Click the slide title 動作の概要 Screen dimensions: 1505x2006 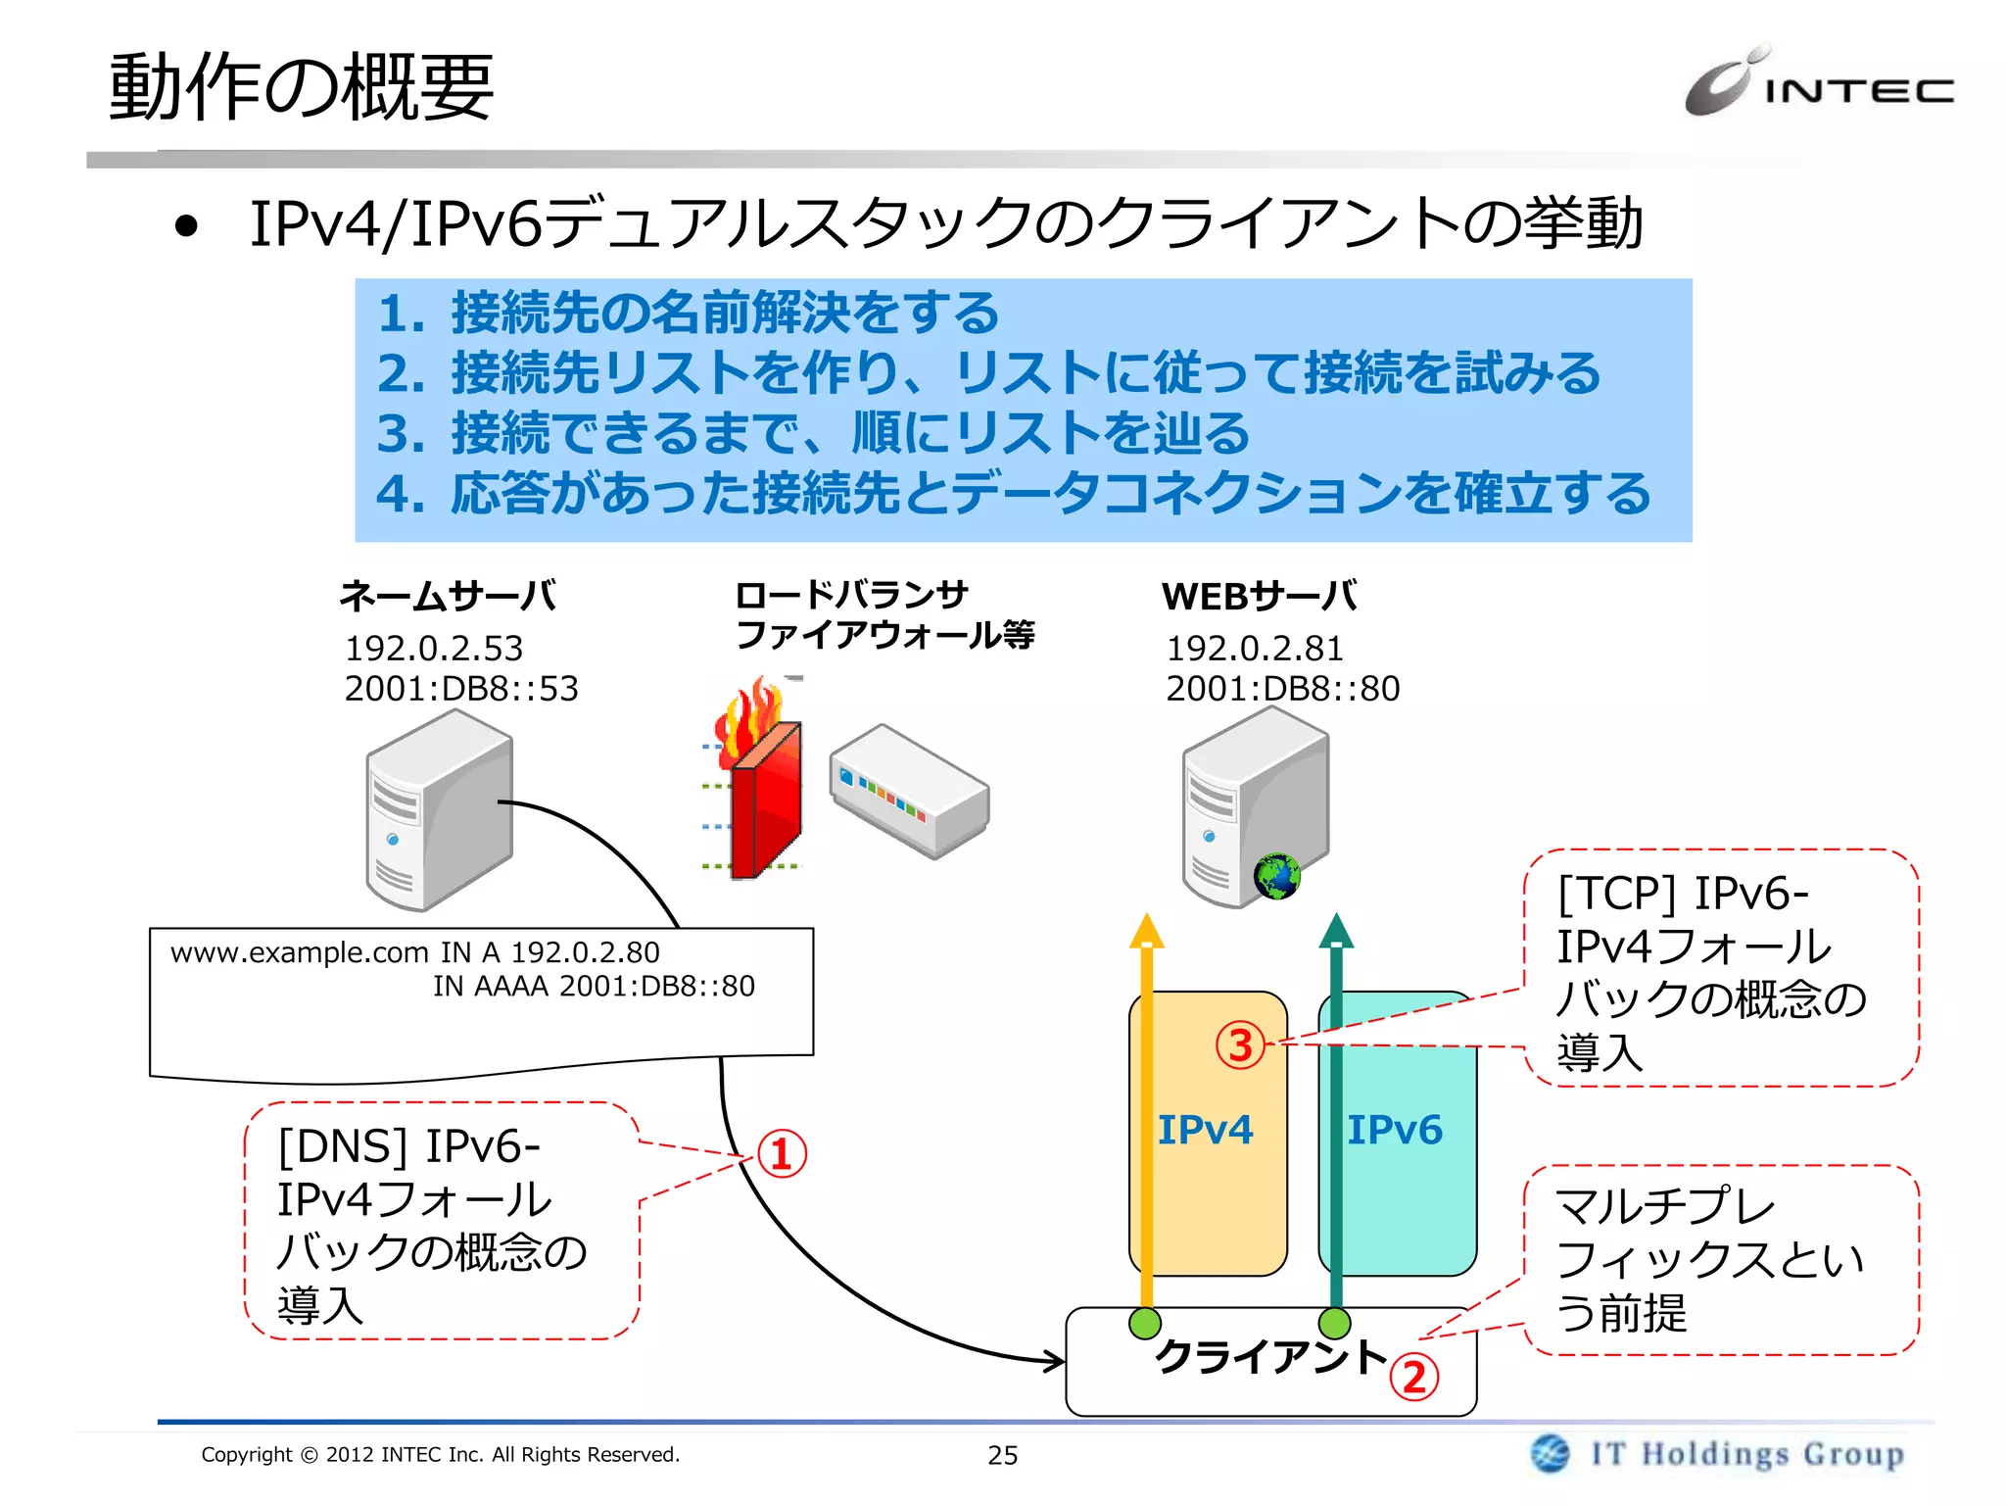click(x=301, y=88)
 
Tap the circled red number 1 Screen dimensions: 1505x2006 click(x=782, y=1154)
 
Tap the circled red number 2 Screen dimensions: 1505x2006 click(x=1414, y=1378)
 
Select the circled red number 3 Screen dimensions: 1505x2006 click(x=1240, y=1045)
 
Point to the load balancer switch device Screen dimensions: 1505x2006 click(x=909, y=792)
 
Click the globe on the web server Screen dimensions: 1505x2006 click(x=1276, y=876)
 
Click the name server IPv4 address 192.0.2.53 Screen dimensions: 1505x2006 click(x=434, y=649)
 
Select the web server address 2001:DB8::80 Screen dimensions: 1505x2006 click(x=1282, y=689)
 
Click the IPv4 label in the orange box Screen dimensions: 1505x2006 click(x=1205, y=1130)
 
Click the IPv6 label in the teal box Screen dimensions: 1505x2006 click(x=1395, y=1130)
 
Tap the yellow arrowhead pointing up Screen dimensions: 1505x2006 click(x=1146, y=932)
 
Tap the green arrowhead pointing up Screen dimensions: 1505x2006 click(x=1336, y=932)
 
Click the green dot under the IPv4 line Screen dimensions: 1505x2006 click(x=1145, y=1323)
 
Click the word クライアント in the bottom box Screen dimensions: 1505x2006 click(x=1271, y=1357)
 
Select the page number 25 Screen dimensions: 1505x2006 click(x=1002, y=1455)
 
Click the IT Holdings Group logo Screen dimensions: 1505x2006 click(x=1719, y=1453)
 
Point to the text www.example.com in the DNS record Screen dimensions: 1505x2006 click(x=300, y=952)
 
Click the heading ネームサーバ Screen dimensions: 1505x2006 click(x=448, y=596)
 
